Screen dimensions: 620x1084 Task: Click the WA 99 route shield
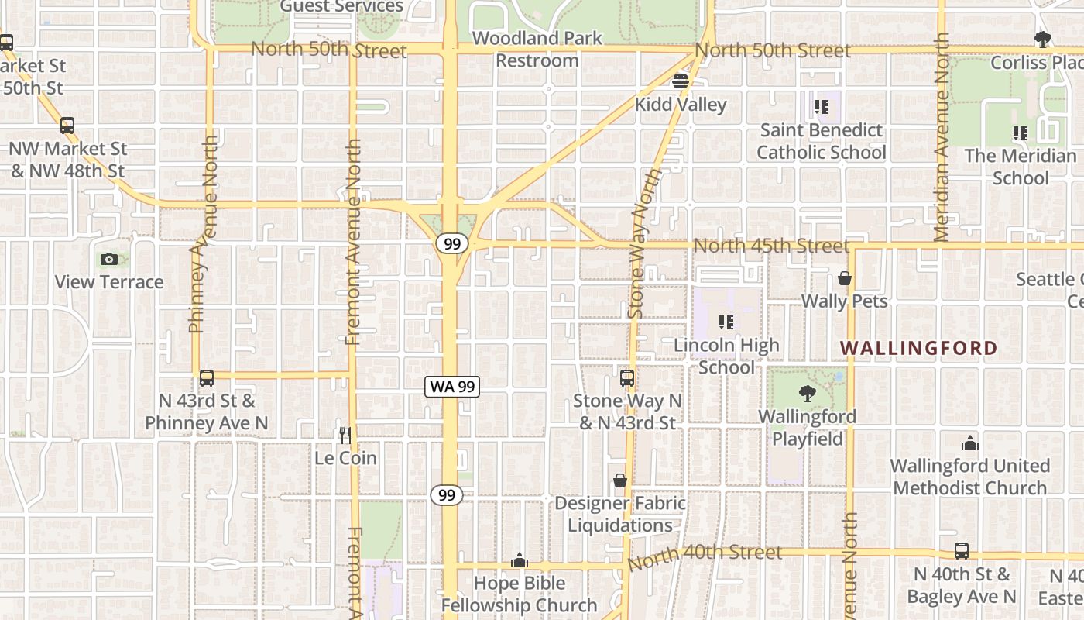point(452,386)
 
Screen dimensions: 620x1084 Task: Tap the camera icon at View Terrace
point(109,259)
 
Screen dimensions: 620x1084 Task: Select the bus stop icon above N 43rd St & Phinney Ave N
point(206,377)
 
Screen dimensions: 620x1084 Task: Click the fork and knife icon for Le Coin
point(345,435)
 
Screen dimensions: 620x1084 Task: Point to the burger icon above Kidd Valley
point(681,81)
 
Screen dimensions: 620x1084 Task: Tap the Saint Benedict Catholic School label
point(821,141)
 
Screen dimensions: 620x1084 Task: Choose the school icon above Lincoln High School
point(726,322)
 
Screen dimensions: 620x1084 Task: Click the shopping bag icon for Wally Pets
point(844,278)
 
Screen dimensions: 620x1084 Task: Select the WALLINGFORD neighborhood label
point(919,348)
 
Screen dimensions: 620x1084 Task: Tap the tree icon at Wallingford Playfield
point(807,394)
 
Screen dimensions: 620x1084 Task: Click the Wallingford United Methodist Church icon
point(969,443)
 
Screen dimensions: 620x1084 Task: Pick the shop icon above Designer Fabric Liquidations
point(619,480)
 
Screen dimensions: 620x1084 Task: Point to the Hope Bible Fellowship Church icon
point(519,560)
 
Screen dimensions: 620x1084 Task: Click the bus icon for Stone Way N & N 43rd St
point(626,378)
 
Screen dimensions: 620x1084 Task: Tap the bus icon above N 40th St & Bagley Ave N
point(961,551)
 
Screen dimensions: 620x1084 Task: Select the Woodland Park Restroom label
point(537,49)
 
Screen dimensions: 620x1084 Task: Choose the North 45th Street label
point(771,246)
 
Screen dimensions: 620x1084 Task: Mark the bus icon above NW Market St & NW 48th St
point(67,125)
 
